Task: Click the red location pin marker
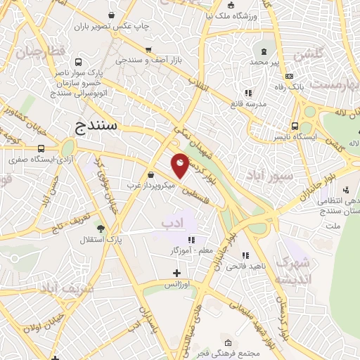pos(180,165)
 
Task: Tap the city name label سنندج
pos(98,127)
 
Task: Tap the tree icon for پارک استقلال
pos(101,228)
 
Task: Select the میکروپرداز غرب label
pos(149,186)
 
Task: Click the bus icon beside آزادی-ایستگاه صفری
pos(41,148)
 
